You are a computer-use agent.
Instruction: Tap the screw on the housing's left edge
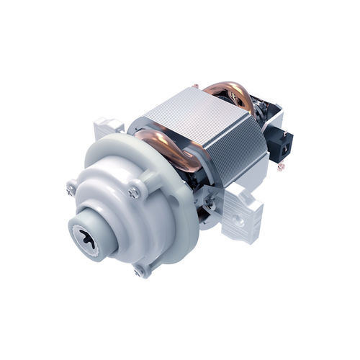click(71, 189)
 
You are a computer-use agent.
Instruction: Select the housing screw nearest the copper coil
click(135, 191)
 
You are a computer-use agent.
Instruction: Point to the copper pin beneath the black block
click(280, 166)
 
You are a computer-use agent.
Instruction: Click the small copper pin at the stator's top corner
click(195, 87)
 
